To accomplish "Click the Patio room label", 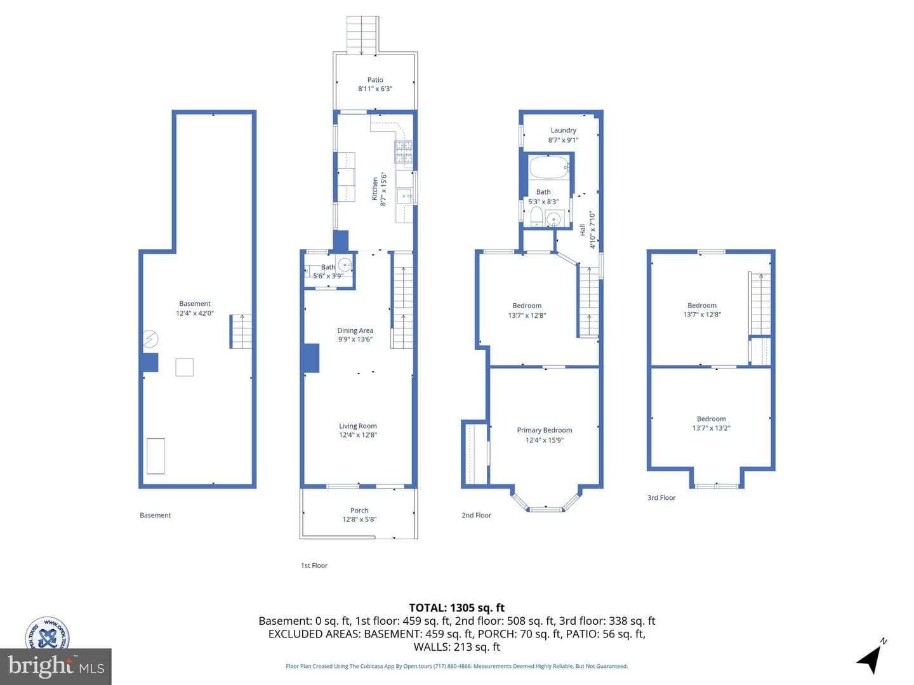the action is point(374,79).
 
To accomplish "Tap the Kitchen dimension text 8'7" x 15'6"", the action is point(383,190).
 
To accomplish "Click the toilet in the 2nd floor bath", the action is point(536,216).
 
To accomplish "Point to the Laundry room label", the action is point(563,130).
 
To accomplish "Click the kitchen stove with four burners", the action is point(404,152).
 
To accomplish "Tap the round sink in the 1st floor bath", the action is point(345,264).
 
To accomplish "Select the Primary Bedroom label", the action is point(544,430).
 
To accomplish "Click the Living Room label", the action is point(358,426).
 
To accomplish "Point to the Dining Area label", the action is point(355,330).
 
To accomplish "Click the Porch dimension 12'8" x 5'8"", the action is point(359,519).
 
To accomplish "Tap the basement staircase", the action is point(241,332).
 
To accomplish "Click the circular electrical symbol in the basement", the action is point(150,339).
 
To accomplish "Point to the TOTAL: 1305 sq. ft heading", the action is point(457,608).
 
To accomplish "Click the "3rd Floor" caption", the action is point(661,497).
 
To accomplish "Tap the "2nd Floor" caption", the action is point(477,515).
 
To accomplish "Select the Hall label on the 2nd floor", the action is point(583,230).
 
